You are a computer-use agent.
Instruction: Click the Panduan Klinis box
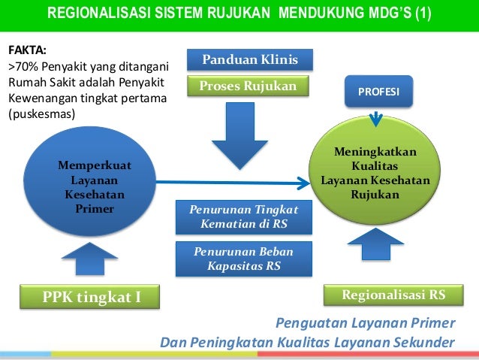pos(250,60)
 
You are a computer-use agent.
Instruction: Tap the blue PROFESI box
pos(378,92)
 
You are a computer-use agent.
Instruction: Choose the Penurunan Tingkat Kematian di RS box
pos(244,216)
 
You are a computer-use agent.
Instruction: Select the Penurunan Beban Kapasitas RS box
pos(244,259)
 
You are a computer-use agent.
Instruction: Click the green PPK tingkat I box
pos(92,297)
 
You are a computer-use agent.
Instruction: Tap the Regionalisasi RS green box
pos(393,295)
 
